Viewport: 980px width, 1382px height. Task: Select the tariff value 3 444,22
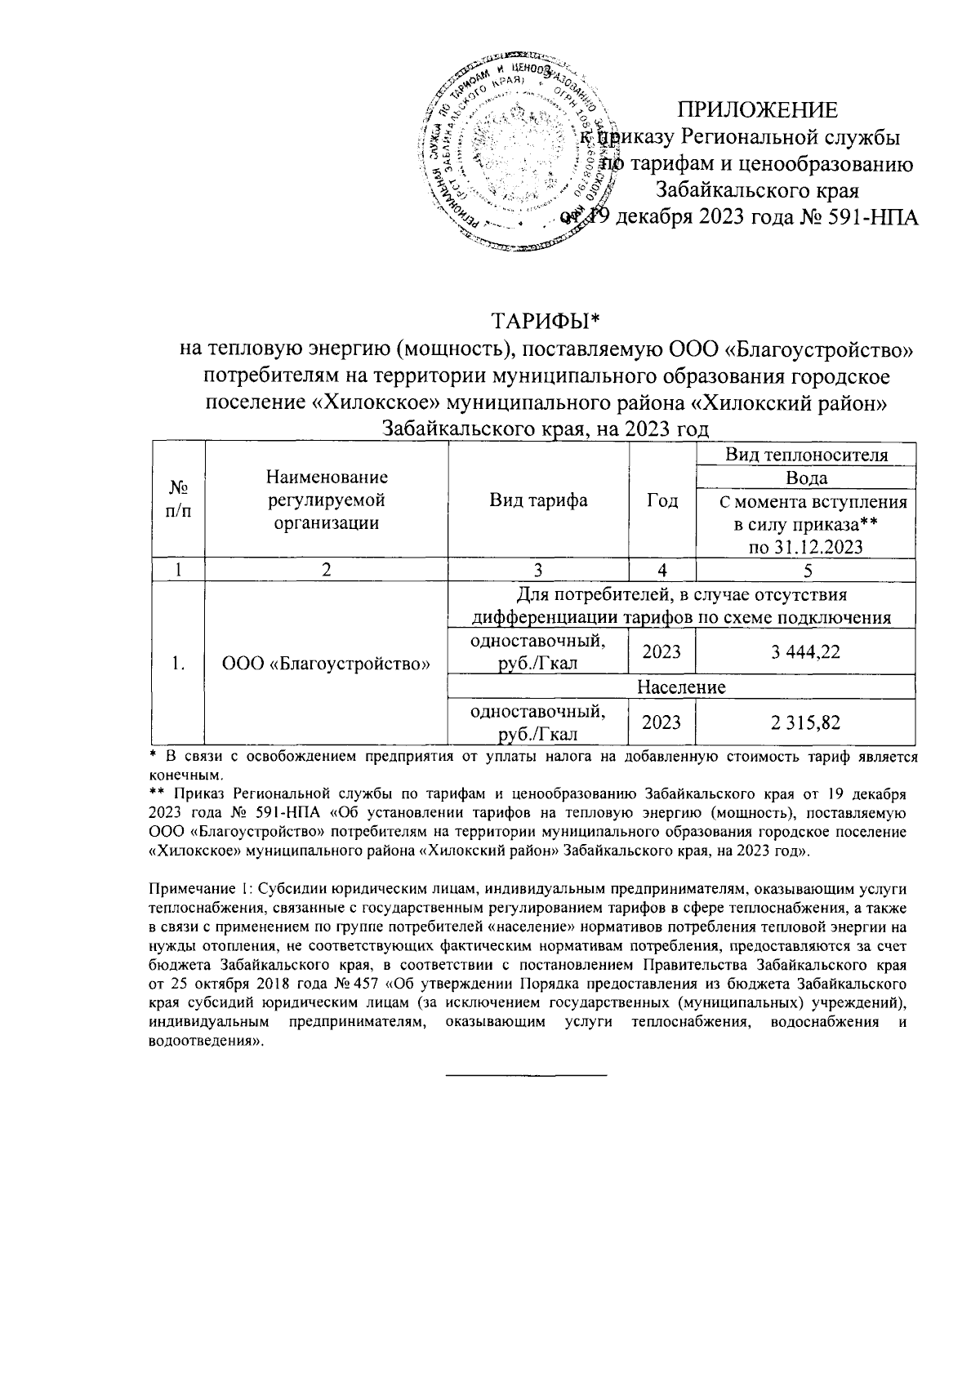click(804, 651)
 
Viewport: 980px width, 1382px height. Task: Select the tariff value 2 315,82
click(804, 722)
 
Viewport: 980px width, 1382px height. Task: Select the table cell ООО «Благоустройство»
click(326, 664)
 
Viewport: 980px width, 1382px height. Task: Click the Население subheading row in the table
click(681, 687)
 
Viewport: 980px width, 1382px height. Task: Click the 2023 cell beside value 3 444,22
click(661, 651)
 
